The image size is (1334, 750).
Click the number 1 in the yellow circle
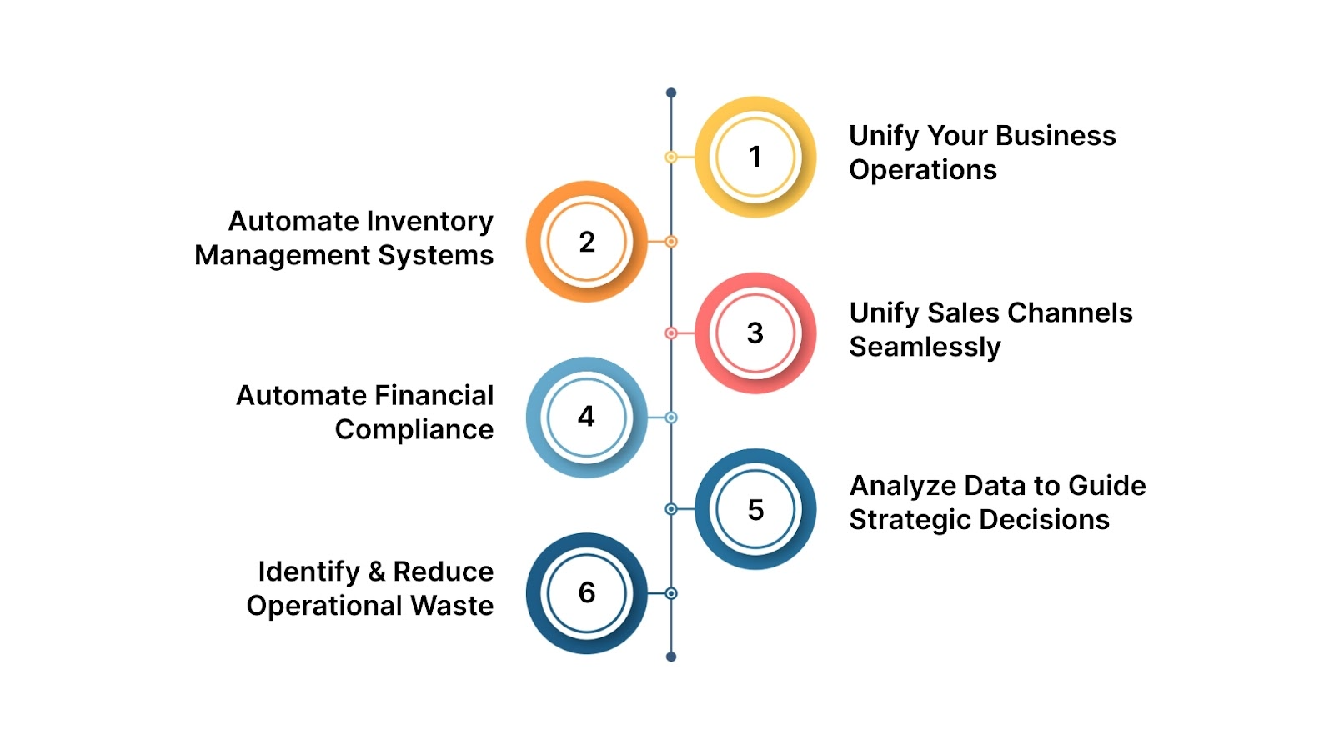tap(755, 157)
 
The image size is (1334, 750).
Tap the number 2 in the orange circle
tap(587, 242)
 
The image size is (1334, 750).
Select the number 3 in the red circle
tap(755, 333)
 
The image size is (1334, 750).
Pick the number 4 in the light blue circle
tap(586, 417)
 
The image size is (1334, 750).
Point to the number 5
tap(755, 510)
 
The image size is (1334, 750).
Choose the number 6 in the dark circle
tap(587, 593)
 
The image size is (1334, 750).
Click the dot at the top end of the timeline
tap(671, 92)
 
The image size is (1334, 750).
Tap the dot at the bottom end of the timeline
tap(671, 657)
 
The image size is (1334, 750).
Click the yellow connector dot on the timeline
tap(671, 157)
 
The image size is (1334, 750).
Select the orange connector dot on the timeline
tap(671, 242)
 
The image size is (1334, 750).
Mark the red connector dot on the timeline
tap(671, 333)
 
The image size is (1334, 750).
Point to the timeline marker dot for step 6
tap(671, 593)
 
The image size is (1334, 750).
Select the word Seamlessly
tap(925, 347)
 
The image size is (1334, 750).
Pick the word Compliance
tap(414, 429)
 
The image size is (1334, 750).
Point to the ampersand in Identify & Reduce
tap(376, 572)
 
